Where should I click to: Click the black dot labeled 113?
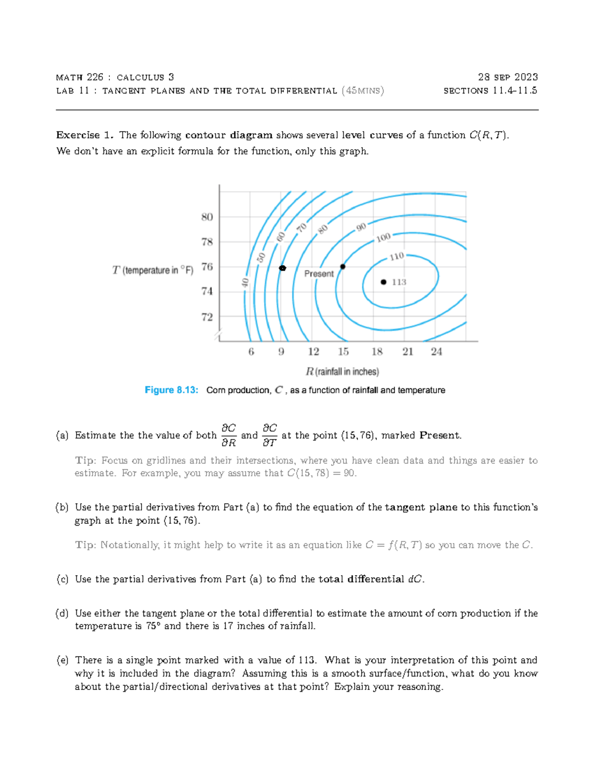pyautogui.click(x=383, y=282)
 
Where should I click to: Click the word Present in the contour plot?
pyautogui.click(x=319, y=274)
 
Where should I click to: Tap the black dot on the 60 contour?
pyautogui.click(x=283, y=268)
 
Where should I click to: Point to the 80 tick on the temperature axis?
pyautogui.click(x=207, y=217)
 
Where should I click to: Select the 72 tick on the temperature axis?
pyautogui.click(x=207, y=317)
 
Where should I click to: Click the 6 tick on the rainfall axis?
pyautogui.click(x=251, y=352)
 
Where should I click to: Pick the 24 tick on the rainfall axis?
pyautogui.click(x=436, y=352)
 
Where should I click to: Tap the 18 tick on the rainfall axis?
pyautogui.click(x=377, y=352)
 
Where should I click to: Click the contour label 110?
pyautogui.click(x=396, y=257)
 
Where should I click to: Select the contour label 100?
pyautogui.click(x=383, y=238)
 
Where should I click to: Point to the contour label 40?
pyautogui.click(x=245, y=282)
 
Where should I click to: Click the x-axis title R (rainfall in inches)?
pyautogui.click(x=342, y=371)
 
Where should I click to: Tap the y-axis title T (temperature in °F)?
pyautogui.click(x=152, y=270)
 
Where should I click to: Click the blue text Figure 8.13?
pyautogui.click(x=171, y=390)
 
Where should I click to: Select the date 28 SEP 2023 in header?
pyautogui.click(x=507, y=77)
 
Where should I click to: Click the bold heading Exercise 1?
pyautogui.click(x=85, y=135)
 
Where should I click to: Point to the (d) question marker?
pyautogui.click(x=62, y=613)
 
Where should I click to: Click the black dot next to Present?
pyautogui.click(x=343, y=267)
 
